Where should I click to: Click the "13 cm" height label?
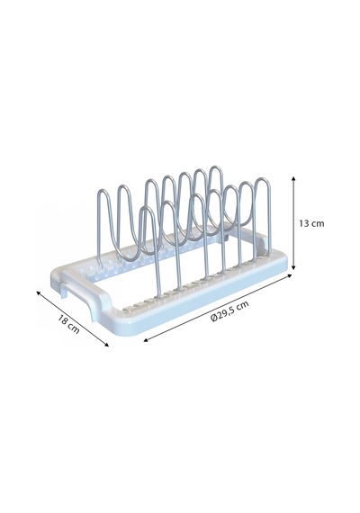[311, 223]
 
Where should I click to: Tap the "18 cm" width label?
[68, 324]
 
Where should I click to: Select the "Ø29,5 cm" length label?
[229, 311]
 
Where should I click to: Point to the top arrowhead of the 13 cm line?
[293, 178]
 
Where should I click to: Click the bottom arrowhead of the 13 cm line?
[293, 267]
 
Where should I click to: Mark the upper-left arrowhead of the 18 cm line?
[39, 292]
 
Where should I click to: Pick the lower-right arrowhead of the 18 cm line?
[106, 344]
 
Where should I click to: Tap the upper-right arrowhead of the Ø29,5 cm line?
[289, 275]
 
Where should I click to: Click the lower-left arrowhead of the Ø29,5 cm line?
[146, 340]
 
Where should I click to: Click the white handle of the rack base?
[77, 292]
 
